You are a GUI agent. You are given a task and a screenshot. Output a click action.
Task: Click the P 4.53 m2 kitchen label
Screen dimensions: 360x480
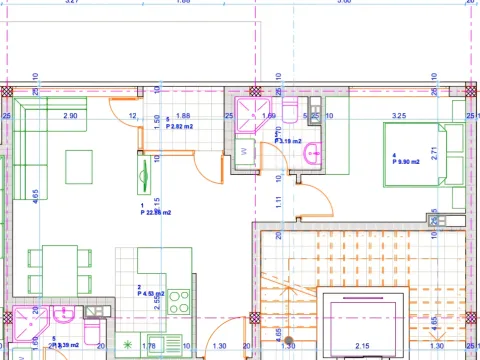[x=152, y=293]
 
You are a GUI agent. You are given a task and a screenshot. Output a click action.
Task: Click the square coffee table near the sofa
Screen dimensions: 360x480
[x=83, y=164]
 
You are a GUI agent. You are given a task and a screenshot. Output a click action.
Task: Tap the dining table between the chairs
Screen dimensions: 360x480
[x=51, y=269]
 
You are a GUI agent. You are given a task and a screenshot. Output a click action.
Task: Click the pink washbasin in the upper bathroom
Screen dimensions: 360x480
[x=313, y=153]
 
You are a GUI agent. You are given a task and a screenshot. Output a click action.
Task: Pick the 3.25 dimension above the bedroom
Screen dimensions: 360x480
[x=399, y=116]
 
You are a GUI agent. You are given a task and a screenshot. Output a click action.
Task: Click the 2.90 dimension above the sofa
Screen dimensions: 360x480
[x=70, y=116]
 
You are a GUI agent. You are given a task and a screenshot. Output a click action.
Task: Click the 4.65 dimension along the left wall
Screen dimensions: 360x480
[x=36, y=195]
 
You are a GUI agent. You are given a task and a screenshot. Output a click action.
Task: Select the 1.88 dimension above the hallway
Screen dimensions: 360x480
[x=183, y=116]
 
